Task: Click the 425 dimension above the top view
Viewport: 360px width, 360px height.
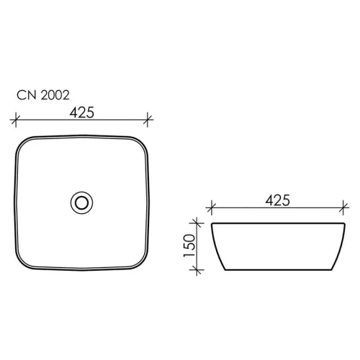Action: click(81, 112)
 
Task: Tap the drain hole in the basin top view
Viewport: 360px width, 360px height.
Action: click(81, 201)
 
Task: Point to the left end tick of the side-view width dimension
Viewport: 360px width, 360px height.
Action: click(211, 210)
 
